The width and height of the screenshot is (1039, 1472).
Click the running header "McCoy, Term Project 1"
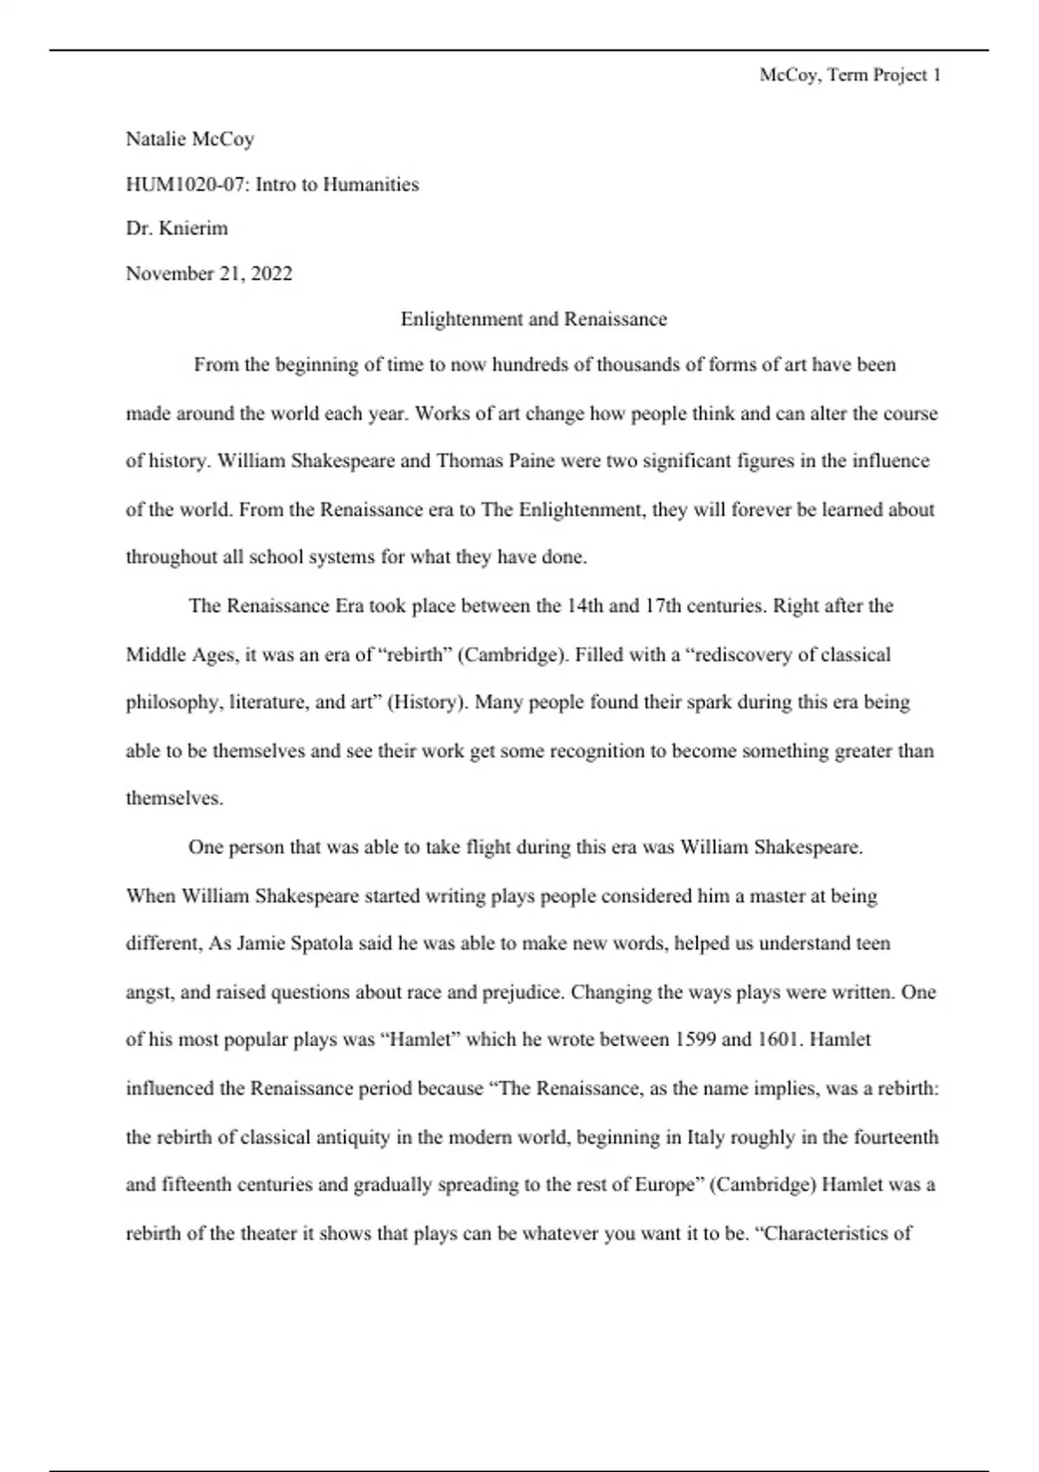pos(849,75)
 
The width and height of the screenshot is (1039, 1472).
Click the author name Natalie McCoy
pos(190,139)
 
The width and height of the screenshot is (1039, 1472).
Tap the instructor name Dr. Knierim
pos(177,229)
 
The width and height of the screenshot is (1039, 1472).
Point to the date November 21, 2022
pos(209,274)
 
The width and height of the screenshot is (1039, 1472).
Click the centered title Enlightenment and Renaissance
pos(533,320)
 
